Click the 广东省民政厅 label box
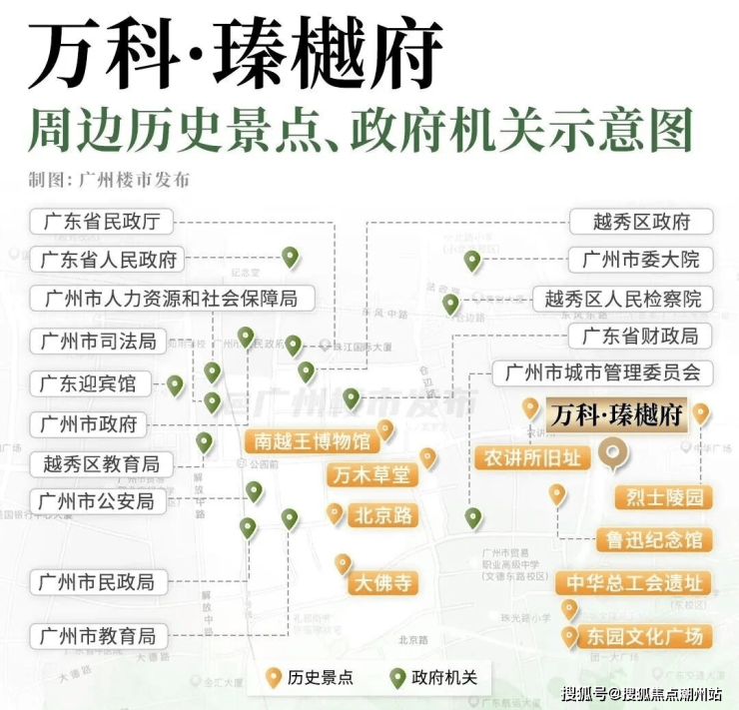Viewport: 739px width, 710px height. click(x=102, y=222)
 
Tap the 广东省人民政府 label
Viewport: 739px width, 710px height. click(x=109, y=260)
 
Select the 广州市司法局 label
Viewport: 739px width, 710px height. click(x=98, y=342)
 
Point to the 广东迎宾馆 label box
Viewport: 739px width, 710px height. click(x=88, y=383)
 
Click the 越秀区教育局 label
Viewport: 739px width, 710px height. click(x=101, y=464)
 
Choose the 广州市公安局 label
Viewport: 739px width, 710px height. click(x=97, y=500)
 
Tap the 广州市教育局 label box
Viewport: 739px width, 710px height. click(x=98, y=635)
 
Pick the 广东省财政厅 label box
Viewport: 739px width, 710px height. click(x=640, y=336)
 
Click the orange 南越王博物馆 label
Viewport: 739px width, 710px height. click(x=311, y=440)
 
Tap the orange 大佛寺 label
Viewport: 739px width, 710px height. click(x=381, y=583)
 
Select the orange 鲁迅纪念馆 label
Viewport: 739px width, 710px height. click(x=654, y=540)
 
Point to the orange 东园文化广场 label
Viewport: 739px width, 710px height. click(x=645, y=635)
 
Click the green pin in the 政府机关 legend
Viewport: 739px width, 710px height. click(x=396, y=677)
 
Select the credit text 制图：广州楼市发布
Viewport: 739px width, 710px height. click(x=109, y=181)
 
